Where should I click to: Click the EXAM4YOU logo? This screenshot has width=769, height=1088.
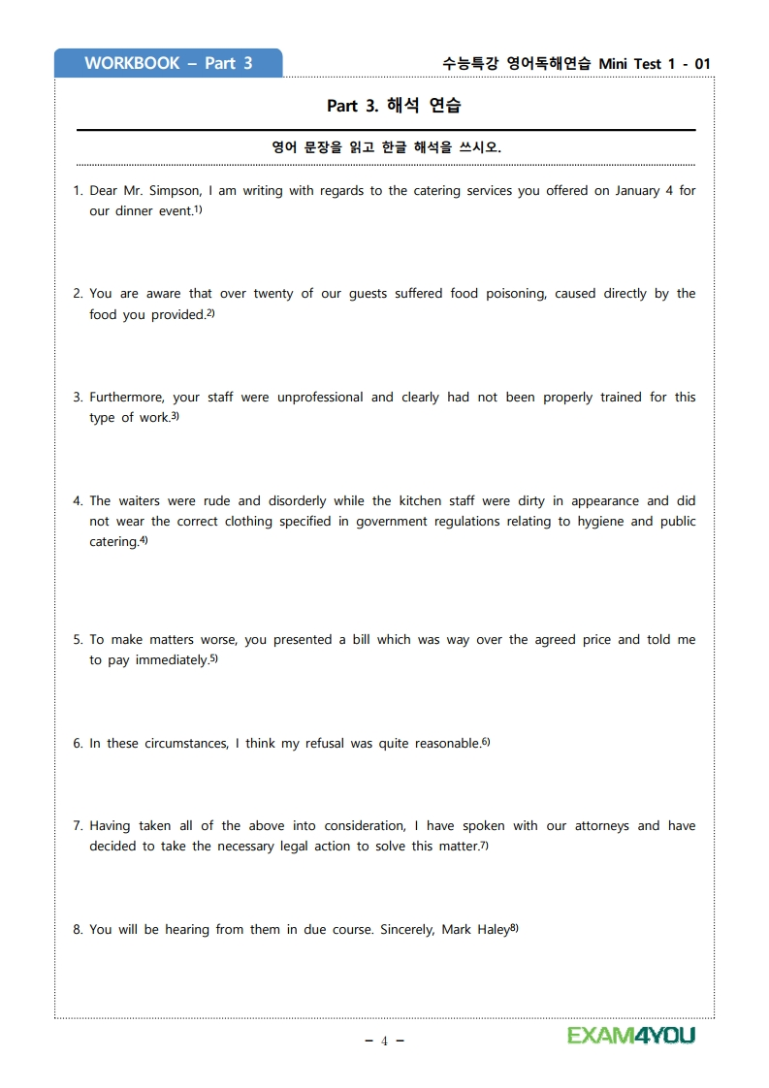click(631, 1036)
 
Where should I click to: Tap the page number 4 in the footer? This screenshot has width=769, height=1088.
click(384, 1041)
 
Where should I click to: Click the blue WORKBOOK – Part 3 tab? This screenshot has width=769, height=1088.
click(168, 63)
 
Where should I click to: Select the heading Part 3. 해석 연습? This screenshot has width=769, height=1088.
click(394, 106)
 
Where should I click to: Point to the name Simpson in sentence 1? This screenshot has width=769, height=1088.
click(175, 191)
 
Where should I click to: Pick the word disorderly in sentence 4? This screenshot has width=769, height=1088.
click(295, 501)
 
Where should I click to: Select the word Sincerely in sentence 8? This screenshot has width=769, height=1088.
click(402, 930)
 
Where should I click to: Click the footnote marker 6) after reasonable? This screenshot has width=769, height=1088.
click(486, 742)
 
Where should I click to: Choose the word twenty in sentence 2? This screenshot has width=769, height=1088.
click(272, 294)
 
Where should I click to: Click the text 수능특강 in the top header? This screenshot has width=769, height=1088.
click(470, 64)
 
